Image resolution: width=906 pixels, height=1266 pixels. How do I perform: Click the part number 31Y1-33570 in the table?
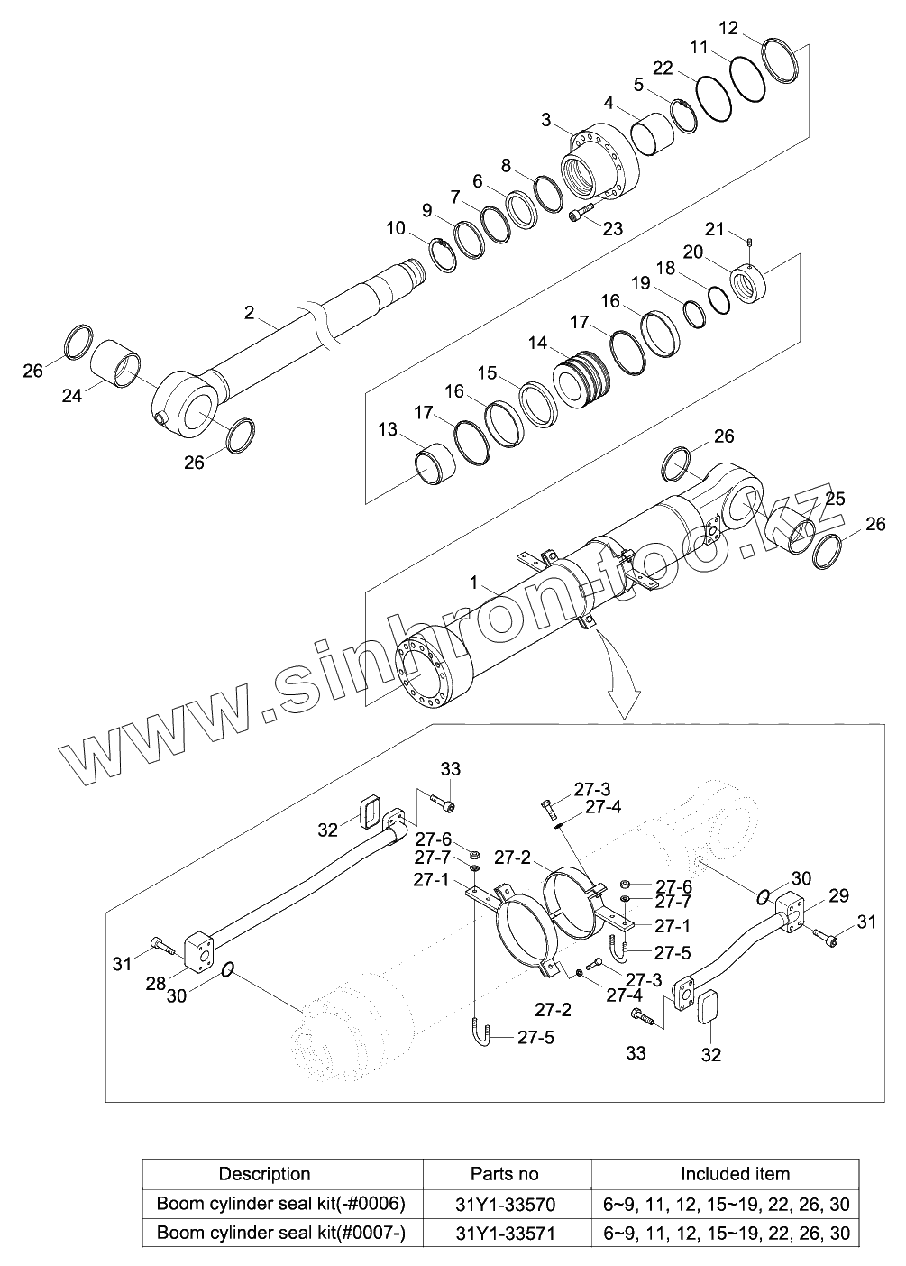(505, 1204)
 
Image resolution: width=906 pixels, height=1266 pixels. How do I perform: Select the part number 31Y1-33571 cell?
(505, 1233)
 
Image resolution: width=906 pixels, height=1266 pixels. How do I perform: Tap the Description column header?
(265, 1174)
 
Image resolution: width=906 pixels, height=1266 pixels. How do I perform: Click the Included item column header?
(735, 1174)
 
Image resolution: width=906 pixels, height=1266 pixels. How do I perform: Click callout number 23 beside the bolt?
(612, 228)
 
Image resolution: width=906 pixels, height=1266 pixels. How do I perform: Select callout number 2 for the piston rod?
(250, 312)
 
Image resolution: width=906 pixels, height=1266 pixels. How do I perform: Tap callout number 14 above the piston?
(538, 343)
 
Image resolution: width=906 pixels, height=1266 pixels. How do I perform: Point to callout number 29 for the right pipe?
(838, 895)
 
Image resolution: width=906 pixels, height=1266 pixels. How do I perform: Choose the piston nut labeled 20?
(753, 283)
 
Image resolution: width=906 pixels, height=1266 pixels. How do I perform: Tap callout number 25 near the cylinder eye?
(835, 499)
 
